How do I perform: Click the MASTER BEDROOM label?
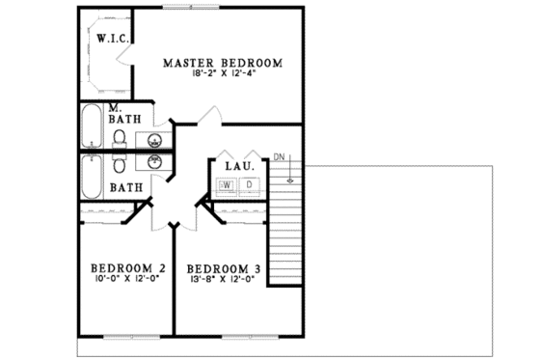(x=223, y=64)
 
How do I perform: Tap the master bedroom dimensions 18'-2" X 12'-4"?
(x=223, y=76)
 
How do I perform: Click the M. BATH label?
(x=124, y=114)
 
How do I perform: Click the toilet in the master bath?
(x=118, y=142)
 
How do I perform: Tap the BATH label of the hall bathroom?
(x=124, y=187)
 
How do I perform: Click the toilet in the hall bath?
(x=118, y=161)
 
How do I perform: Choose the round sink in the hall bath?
(x=157, y=162)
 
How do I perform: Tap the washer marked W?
(x=229, y=183)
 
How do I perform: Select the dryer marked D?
(x=249, y=183)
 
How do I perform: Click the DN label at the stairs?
(x=280, y=156)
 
